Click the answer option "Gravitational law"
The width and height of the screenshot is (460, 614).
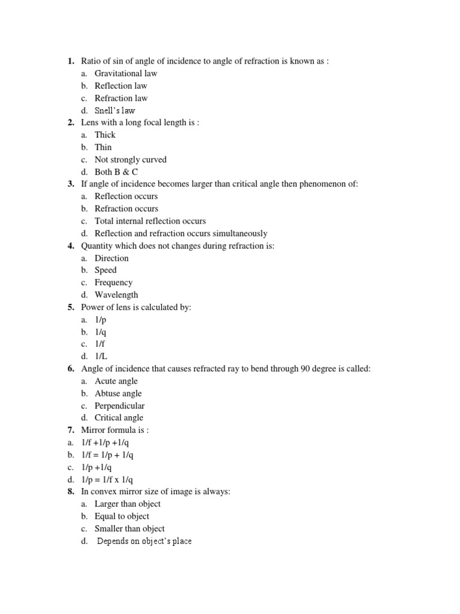pyautogui.click(x=126, y=73)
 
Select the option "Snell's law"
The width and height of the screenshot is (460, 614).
pyautogui.click(x=115, y=110)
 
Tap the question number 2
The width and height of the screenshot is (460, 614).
pyautogui.click(x=71, y=122)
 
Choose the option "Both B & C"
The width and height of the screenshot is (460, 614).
pyautogui.click(x=116, y=171)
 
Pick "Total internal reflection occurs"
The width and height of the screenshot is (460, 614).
pyautogui.click(x=150, y=221)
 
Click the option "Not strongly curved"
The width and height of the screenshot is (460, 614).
pyautogui.click(x=131, y=159)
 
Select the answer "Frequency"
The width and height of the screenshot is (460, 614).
pyautogui.click(x=114, y=282)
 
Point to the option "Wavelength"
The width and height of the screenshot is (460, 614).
pyautogui.click(x=116, y=294)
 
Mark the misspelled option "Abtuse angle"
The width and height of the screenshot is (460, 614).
pyautogui.click(x=118, y=393)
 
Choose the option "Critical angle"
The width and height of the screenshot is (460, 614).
pyautogui.click(x=119, y=417)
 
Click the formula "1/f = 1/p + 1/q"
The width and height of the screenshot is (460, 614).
pyautogui.click(x=108, y=455)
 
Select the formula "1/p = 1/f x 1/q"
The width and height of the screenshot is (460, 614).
pyautogui.click(x=108, y=479)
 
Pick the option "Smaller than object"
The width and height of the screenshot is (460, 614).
pyautogui.click(x=129, y=528)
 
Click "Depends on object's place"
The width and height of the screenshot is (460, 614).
pyautogui.click(x=144, y=541)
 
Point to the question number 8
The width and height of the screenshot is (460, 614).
pyautogui.click(x=71, y=491)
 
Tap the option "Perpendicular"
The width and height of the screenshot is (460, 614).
pyautogui.click(x=120, y=405)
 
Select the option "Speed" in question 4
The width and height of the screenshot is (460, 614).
pyautogui.click(x=105, y=270)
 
